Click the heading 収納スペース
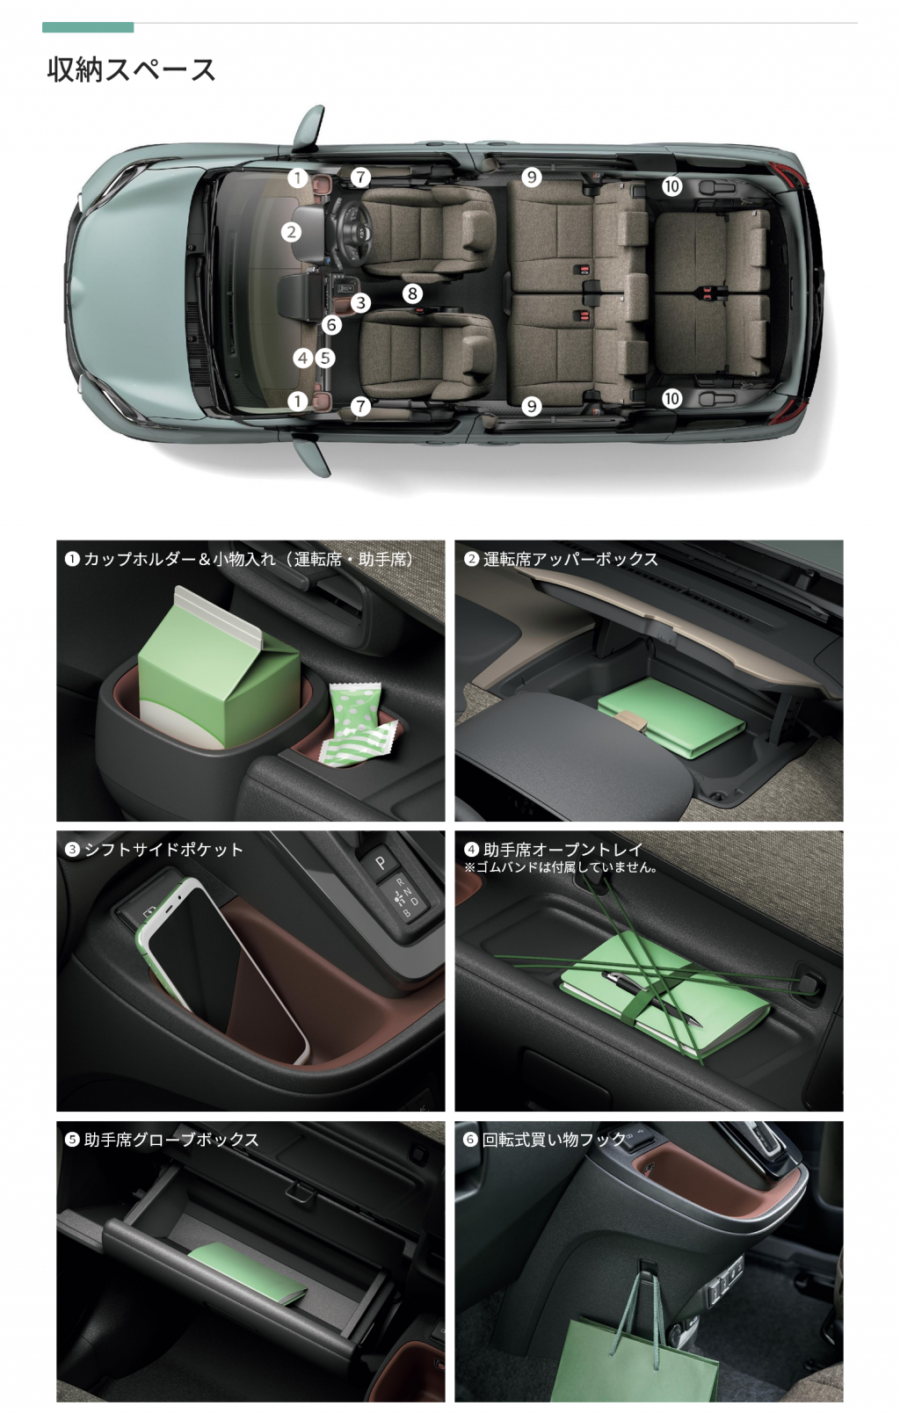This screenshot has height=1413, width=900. coord(132,69)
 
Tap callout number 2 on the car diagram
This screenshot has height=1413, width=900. coord(291,232)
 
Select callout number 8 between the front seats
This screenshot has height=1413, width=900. coord(412,293)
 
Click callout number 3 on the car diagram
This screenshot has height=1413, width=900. coord(360,303)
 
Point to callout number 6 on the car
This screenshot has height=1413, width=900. coord(331,325)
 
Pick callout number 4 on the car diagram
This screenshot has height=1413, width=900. coord(303,359)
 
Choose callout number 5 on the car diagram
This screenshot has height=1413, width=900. coord(325,359)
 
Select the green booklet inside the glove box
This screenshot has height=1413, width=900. coord(247,1272)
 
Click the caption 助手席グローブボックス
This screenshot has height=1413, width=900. coord(171,1140)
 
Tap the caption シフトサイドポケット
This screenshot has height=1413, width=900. coord(163,850)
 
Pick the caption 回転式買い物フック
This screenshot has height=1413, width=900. coord(554,1139)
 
